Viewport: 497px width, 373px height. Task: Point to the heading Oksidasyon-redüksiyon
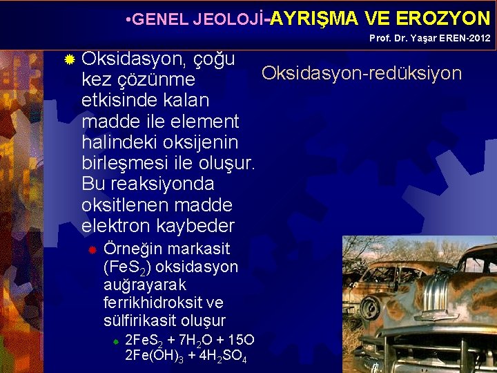point(362,73)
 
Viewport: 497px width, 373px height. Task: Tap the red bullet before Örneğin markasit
point(90,249)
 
